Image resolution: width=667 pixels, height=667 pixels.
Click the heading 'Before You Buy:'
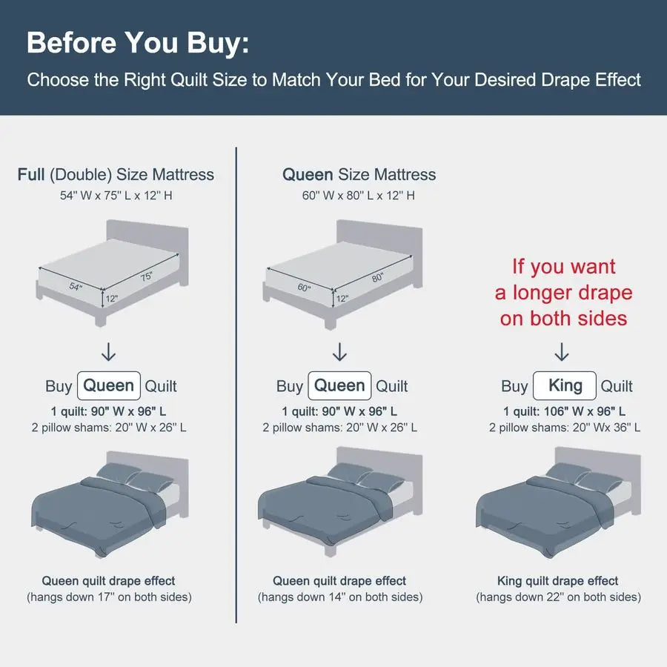click(138, 44)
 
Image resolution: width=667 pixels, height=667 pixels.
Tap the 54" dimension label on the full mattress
click(76, 287)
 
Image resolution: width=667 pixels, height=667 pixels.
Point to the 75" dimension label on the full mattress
click(146, 276)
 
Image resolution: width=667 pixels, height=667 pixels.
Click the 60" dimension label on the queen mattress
click(304, 288)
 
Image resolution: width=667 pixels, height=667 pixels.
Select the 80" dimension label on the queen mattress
click(377, 277)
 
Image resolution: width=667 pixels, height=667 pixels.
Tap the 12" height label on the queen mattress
click(342, 299)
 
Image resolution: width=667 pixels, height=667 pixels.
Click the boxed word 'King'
click(565, 386)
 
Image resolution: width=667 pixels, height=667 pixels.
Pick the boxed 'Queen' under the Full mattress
click(109, 386)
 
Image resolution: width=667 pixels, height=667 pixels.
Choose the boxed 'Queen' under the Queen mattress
click(339, 386)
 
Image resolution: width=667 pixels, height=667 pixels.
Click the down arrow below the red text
click(562, 352)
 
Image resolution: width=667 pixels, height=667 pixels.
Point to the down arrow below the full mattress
click(109, 352)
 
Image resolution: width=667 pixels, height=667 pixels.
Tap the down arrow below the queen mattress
click(339, 352)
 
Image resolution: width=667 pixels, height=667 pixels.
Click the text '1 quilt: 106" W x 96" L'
click(565, 411)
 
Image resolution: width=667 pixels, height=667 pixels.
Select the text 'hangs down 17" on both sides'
click(110, 597)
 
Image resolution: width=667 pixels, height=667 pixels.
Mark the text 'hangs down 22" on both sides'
click(559, 597)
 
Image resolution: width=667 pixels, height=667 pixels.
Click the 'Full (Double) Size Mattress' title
click(116, 175)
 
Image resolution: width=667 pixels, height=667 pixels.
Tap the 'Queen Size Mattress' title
click(359, 175)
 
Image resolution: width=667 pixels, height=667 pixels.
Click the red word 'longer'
click(542, 293)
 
